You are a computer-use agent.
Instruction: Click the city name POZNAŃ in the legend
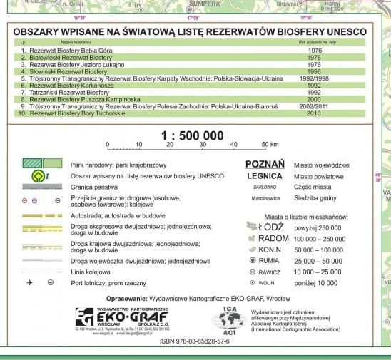click(265, 163)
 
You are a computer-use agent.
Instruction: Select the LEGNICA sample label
click(265, 175)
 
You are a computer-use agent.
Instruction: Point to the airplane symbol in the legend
click(31, 283)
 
